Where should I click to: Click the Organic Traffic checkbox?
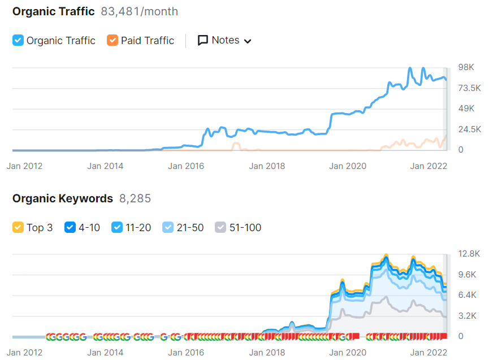(18, 41)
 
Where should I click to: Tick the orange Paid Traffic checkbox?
(112, 41)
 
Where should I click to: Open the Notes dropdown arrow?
(247, 41)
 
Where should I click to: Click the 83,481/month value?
(139, 11)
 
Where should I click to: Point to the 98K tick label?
(466, 67)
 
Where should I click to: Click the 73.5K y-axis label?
(469, 88)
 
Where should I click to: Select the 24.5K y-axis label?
(469, 129)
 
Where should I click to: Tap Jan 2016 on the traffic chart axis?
(186, 166)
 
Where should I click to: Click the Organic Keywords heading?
(63, 198)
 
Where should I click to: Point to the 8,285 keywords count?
(135, 198)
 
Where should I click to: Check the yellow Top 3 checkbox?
(18, 228)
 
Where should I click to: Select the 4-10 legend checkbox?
(70, 228)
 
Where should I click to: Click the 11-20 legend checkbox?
(117, 228)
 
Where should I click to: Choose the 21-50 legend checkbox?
(168, 228)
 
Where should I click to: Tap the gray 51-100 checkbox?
(220, 228)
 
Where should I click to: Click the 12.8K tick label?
(469, 254)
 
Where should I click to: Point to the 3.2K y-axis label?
(468, 316)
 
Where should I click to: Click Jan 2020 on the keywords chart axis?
(348, 353)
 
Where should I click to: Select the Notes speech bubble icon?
(203, 41)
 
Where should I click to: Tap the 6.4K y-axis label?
(468, 295)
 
